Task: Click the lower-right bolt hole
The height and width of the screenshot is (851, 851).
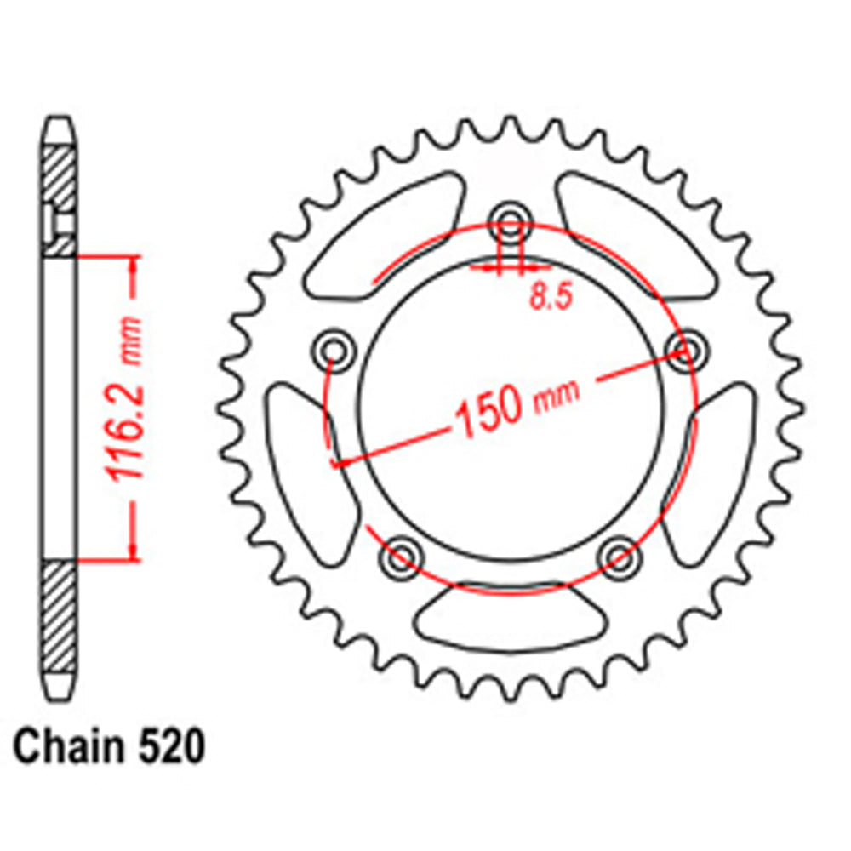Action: (x=619, y=557)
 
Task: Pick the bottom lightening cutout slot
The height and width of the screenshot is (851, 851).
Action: (x=509, y=620)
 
